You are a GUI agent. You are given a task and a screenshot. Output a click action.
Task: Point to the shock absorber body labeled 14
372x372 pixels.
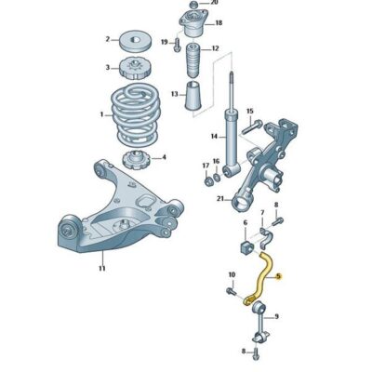227,138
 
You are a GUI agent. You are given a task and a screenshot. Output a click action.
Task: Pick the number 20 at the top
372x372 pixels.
217,3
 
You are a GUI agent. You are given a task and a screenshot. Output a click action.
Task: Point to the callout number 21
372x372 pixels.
219,200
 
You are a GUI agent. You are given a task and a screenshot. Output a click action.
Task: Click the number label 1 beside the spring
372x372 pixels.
101,114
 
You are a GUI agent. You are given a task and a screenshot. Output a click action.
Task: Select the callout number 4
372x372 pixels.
165,157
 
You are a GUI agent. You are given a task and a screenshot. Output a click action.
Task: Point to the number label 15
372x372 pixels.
248,112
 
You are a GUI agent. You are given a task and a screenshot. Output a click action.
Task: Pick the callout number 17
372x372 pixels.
205,166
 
